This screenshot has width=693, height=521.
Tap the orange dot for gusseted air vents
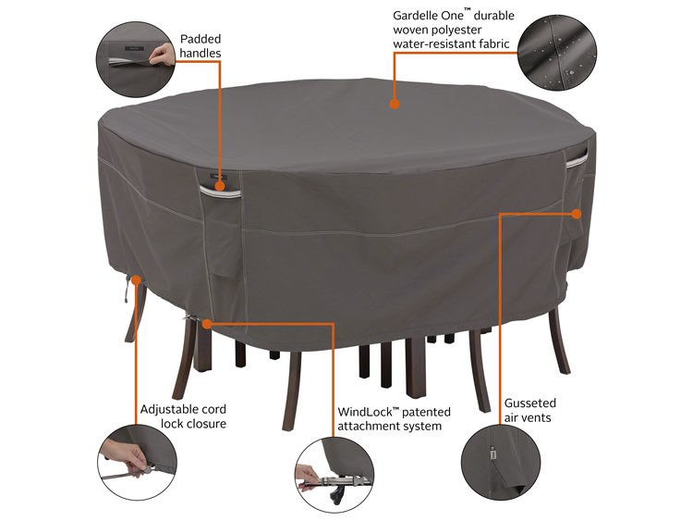576,214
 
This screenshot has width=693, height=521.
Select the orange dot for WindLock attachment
209,324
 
